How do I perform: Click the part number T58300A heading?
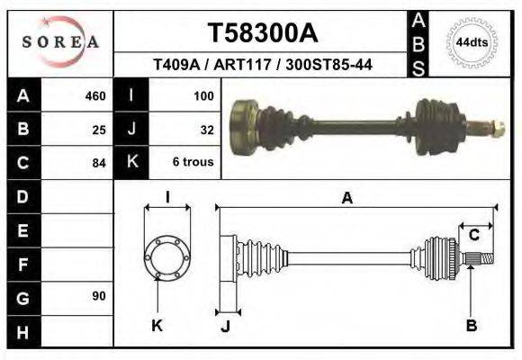[263, 33]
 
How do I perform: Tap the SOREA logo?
[60, 41]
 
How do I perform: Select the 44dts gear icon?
[471, 42]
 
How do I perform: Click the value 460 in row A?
[94, 96]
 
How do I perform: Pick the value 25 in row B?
[99, 130]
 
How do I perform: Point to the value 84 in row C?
[99, 163]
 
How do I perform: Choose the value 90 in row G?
[99, 296]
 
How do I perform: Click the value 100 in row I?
[202, 96]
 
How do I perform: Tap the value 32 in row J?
[206, 130]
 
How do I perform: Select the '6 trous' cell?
[193, 163]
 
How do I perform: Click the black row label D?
[22, 196]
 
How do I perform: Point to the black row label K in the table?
[131, 163]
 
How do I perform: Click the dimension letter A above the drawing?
[346, 199]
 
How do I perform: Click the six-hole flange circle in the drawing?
[167, 257]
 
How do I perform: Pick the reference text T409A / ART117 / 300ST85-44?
[263, 65]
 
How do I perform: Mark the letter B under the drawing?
[471, 326]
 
